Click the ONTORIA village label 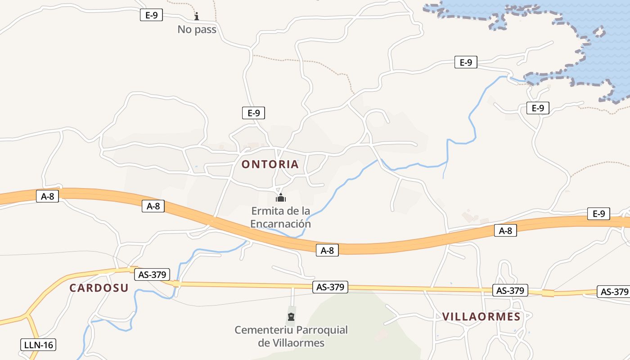[x=270, y=164]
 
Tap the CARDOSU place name [x=99, y=288]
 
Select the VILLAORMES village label [x=481, y=317]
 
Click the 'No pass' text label [x=197, y=30]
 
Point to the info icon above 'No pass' [x=197, y=17]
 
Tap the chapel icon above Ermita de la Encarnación [x=281, y=198]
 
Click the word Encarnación [x=280, y=224]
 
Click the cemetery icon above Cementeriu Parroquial [x=291, y=317]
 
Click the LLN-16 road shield [x=38, y=345]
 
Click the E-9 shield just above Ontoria [x=253, y=113]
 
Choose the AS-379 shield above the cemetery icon [x=330, y=287]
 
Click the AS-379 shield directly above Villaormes [x=510, y=291]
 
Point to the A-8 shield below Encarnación [x=327, y=251]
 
